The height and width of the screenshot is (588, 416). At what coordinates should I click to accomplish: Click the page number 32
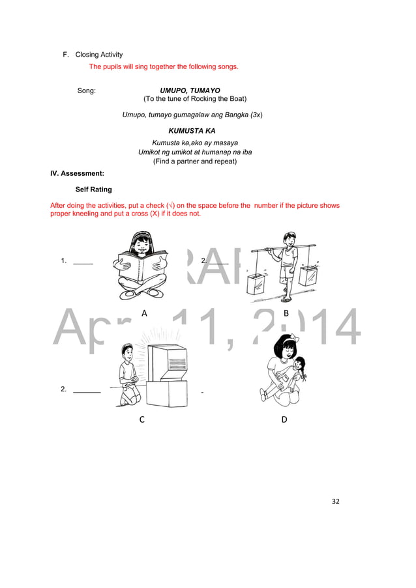pos(336,501)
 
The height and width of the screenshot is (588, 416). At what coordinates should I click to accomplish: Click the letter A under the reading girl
pos(144,313)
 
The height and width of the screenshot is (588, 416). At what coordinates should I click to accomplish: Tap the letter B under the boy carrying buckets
pos(286,313)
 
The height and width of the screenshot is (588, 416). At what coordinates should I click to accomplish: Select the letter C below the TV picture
pos(142,420)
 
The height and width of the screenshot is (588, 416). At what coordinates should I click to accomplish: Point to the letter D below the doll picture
pos(284,420)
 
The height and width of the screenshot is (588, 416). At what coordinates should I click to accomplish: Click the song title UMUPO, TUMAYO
pos(190,91)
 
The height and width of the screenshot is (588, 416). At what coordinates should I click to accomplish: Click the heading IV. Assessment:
pos(77,173)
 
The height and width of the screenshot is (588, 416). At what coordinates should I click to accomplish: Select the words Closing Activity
pos(98,55)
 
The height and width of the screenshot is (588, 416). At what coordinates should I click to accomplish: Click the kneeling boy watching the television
pos(128,378)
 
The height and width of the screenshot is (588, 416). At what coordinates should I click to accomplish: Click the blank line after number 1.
pos(83,264)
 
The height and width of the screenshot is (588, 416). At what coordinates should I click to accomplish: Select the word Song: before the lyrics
pos(87,91)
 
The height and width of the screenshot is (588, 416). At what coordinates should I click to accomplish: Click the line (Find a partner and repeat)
pos(194,161)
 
